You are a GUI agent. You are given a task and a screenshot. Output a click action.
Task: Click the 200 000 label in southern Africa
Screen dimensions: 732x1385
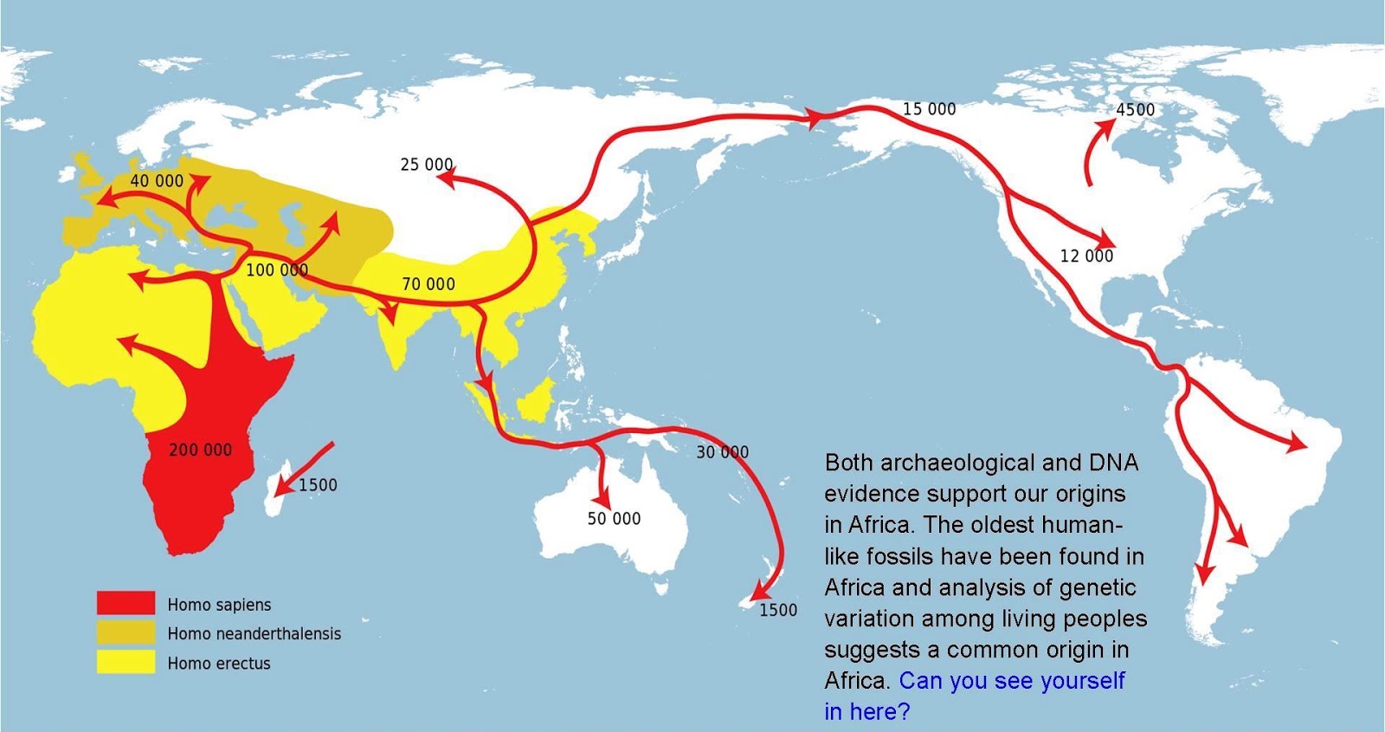(x=200, y=450)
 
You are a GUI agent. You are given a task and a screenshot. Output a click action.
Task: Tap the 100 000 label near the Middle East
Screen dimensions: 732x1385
(x=277, y=270)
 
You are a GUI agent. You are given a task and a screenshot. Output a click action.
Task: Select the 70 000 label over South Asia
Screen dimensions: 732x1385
(x=428, y=284)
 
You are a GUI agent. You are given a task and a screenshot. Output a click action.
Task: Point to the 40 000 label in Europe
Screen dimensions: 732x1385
(x=157, y=180)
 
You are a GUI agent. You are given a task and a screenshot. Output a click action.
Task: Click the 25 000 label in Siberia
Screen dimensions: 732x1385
(x=426, y=165)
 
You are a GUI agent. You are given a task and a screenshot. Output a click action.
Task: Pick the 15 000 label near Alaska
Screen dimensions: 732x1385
(x=929, y=109)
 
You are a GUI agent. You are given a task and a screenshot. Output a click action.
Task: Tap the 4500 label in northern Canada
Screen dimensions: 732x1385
(x=1135, y=110)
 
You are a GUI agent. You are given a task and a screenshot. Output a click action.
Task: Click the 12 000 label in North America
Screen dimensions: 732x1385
(x=1086, y=256)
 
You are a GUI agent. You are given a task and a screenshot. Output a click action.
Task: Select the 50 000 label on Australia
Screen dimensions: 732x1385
(x=614, y=519)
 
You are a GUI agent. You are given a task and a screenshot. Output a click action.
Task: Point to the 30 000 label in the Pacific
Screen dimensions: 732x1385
(x=722, y=452)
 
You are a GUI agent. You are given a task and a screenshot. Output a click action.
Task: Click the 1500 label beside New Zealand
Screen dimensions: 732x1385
(x=778, y=610)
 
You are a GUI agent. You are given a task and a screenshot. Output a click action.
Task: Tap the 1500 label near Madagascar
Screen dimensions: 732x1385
(x=318, y=485)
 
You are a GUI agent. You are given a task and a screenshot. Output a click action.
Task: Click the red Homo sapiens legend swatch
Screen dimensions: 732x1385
(x=126, y=603)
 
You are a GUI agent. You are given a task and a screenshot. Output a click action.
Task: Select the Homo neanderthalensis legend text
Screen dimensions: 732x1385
(x=254, y=634)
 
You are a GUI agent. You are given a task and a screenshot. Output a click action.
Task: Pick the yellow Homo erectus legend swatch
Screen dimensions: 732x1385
(x=126, y=663)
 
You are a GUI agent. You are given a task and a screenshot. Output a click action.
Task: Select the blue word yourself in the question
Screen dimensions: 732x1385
(x=1082, y=681)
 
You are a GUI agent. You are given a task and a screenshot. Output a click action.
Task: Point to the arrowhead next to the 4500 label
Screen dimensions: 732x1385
(x=1107, y=124)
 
